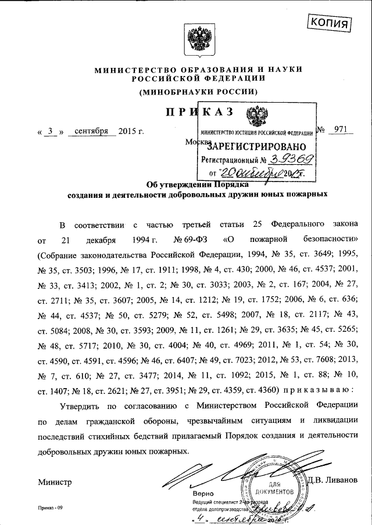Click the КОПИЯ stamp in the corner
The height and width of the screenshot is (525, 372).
click(x=329, y=22)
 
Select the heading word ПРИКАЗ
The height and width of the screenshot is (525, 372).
click(x=198, y=112)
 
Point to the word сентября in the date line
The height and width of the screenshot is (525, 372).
click(x=92, y=131)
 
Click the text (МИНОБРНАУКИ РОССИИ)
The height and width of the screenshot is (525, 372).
click(x=198, y=92)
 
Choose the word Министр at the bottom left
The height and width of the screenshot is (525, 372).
click(x=54, y=481)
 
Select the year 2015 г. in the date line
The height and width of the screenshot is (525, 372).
click(x=130, y=131)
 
